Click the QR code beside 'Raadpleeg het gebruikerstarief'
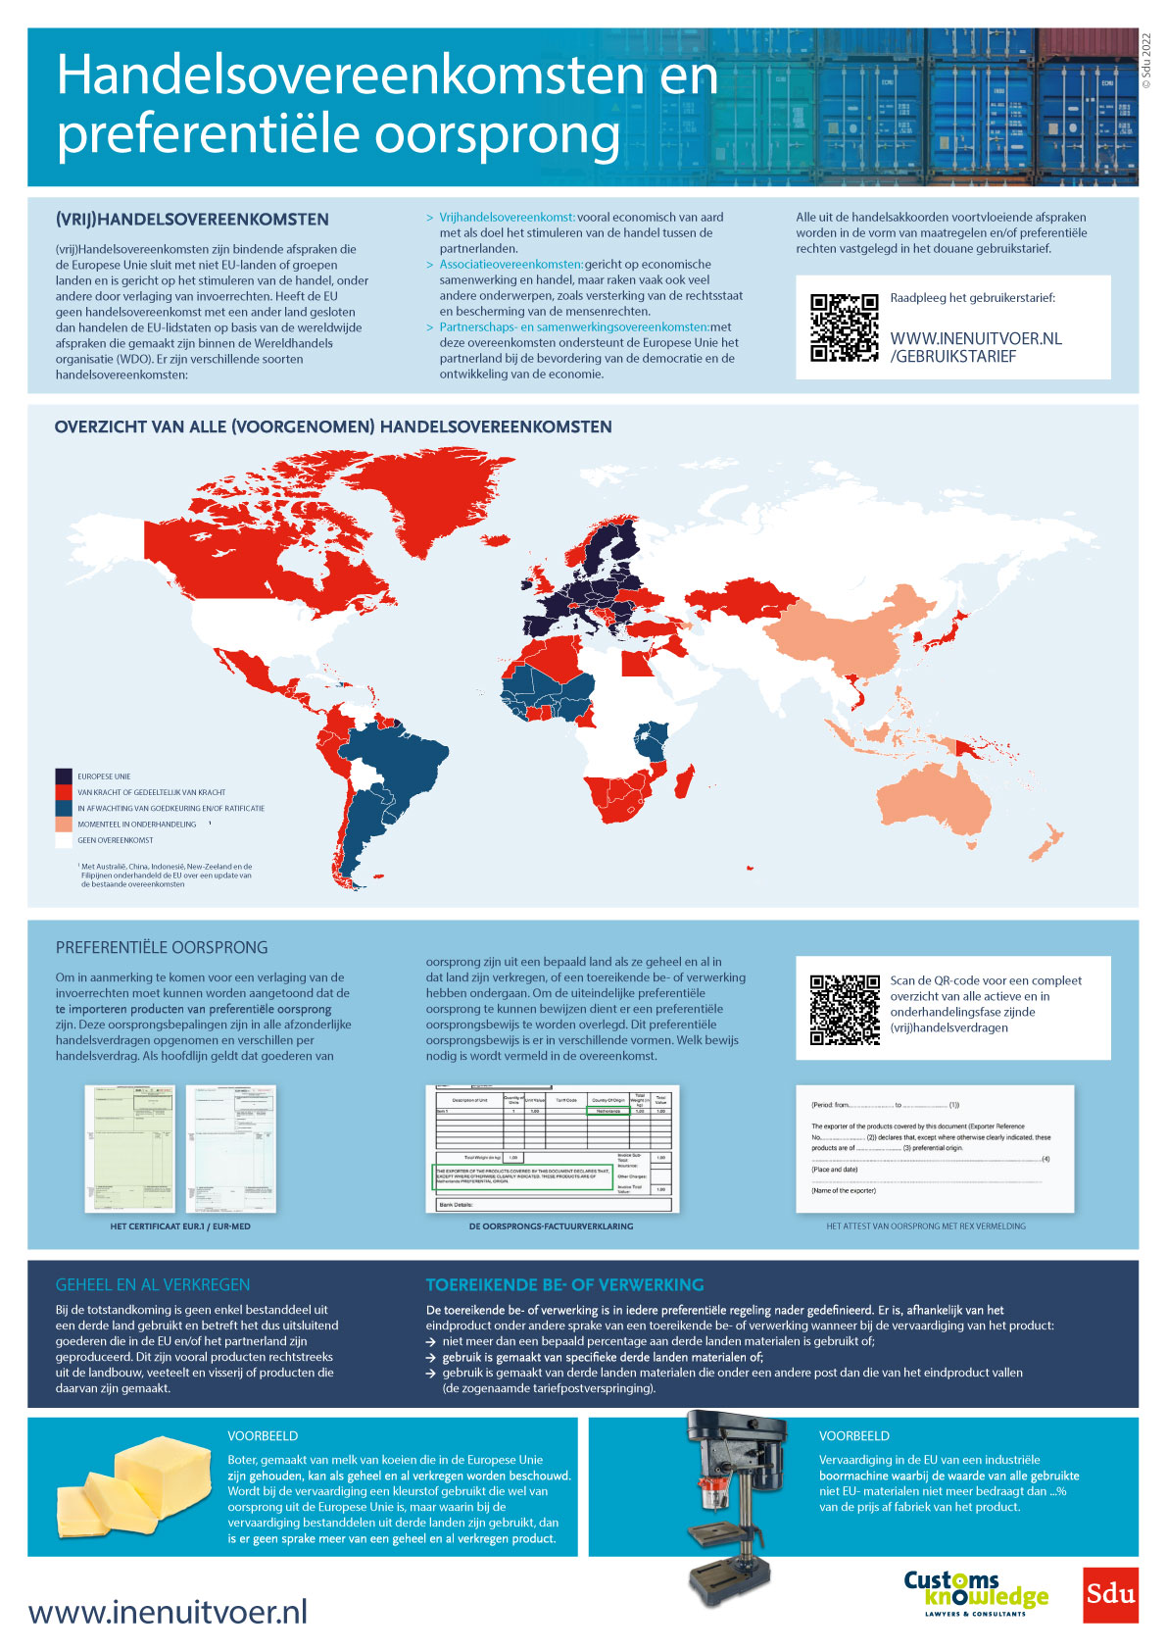pyautogui.click(x=844, y=327)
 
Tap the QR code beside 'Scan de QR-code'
pyautogui.click(x=844, y=1010)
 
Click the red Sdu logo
pyautogui.click(x=1110, y=1595)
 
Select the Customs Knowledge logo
pyautogui.click(x=975, y=1593)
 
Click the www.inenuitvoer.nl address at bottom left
pyautogui.click(x=168, y=1612)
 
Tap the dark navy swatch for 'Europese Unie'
pyautogui.click(x=64, y=776)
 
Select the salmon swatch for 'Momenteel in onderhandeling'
pyautogui.click(x=64, y=825)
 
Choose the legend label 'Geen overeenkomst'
pyautogui.click(x=116, y=840)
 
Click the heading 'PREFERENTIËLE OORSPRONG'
pyautogui.click(x=162, y=948)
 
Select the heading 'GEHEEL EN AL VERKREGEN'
pyautogui.click(x=153, y=1284)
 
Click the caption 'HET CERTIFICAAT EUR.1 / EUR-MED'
pyautogui.click(x=180, y=1226)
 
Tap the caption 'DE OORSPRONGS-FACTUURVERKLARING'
pyautogui.click(x=551, y=1226)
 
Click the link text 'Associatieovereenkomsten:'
pyautogui.click(x=511, y=265)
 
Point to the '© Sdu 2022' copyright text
pyautogui.click(x=1147, y=60)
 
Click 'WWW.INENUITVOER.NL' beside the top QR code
pyautogui.click(x=975, y=338)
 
